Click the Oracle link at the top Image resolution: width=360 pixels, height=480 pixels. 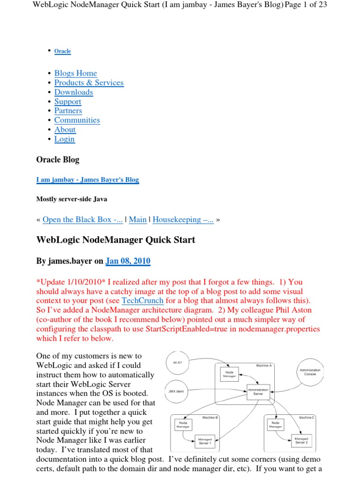coord(62,51)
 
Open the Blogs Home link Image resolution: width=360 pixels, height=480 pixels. coord(75,73)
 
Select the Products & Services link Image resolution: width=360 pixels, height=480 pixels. coord(89,82)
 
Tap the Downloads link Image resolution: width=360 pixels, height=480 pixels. coord(74,92)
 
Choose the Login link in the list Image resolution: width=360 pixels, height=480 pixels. coord(64,139)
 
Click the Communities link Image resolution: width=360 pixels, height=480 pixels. coord(77,120)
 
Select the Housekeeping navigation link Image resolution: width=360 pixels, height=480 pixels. coord(183,219)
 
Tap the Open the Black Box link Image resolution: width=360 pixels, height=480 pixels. coord(82,219)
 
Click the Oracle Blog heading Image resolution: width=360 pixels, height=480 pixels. coord(58,159)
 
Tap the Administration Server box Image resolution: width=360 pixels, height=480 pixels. coord(258,391)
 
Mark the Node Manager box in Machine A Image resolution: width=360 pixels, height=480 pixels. coord(229,373)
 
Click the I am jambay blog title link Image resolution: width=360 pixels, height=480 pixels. coord(87,180)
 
